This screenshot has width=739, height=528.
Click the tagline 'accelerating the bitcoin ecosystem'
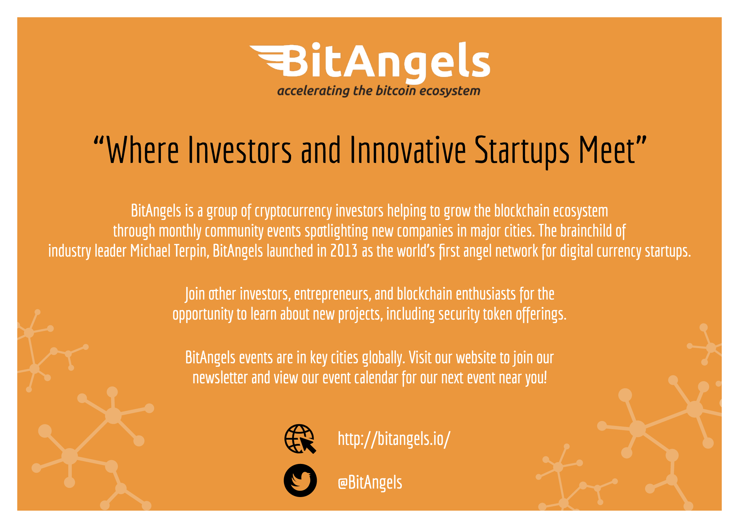pos(379,91)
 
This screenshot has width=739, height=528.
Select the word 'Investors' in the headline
pos(240,150)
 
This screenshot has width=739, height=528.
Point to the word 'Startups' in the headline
pos(522,151)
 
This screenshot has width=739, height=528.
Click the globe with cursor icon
pos(300,439)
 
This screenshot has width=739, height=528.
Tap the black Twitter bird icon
pos(300,481)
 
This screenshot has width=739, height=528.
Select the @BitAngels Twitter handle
pos(370,483)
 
